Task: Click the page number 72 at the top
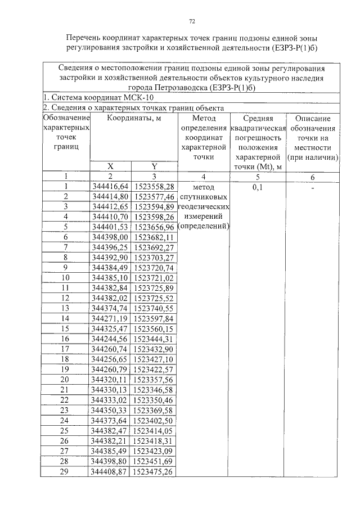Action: [x=192, y=21]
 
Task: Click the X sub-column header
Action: [x=110, y=166]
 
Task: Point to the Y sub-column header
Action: [x=154, y=166]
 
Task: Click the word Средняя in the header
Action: [x=258, y=119]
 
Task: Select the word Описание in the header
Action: [x=313, y=119]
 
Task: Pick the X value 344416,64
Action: [x=110, y=186]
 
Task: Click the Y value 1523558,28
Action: [x=154, y=186]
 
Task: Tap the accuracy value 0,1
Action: [x=258, y=187]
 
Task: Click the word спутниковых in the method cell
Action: [x=204, y=196]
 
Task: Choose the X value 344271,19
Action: [x=110, y=318]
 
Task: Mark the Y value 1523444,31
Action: [x=154, y=339]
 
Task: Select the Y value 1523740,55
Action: [x=154, y=308]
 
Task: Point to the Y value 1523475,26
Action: [x=154, y=471]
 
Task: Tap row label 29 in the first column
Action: [x=66, y=471]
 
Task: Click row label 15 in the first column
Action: [x=66, y=328]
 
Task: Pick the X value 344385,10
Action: [x=110, y=278]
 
